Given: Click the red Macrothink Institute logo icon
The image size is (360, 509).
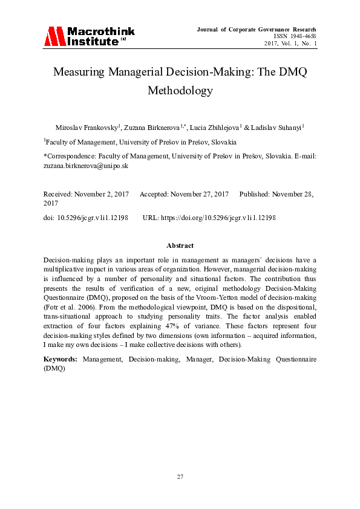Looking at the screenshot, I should pos(53,37).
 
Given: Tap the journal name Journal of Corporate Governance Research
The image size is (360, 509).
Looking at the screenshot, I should pos(257,29).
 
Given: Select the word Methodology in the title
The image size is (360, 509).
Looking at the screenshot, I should pos(180,91).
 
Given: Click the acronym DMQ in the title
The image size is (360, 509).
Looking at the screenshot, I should pos(293,72).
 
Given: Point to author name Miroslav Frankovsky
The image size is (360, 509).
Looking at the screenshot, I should pos(87,128).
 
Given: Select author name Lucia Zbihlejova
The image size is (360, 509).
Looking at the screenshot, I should pos(215,128).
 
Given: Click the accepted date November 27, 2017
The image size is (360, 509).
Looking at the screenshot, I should pos(199,194).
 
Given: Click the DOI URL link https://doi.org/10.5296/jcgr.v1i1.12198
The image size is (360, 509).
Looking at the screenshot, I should pos(217,217).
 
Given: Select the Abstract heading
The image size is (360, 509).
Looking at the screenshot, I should pos(180,245).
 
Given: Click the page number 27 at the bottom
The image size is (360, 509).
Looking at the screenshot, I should pos(180,477).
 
